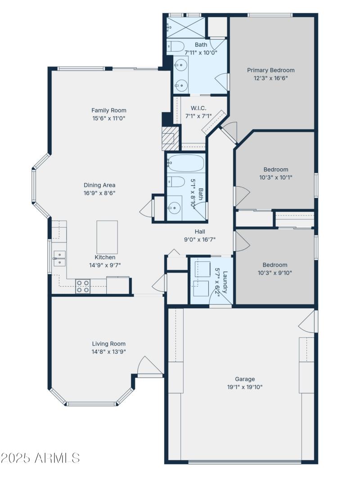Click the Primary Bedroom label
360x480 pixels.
[271, 70]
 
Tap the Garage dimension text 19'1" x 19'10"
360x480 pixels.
[245, 387]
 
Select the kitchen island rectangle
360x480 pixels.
[107, 237]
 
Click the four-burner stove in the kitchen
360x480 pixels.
[83, 286]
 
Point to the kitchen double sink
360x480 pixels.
[59, 259]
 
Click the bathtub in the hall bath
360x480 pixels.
[185, 163]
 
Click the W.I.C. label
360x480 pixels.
[198, 108]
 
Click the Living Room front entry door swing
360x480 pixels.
[148, 365]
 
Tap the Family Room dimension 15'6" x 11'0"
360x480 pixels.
[108, 118]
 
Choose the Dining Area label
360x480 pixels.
[99, 185]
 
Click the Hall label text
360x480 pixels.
[200, 232]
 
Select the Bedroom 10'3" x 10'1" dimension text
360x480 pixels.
[275, 177]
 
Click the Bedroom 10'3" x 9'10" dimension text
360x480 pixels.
[275, 273]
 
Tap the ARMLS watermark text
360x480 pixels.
[40, 458]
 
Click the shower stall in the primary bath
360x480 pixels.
[186, 27]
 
